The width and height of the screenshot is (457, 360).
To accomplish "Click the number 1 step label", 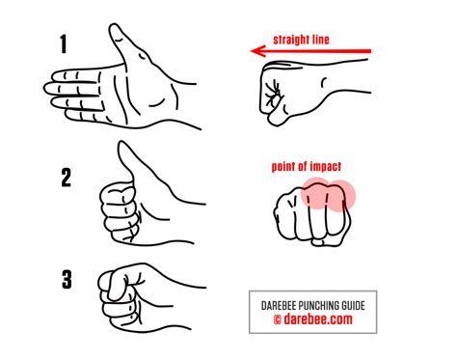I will tap(64, 44).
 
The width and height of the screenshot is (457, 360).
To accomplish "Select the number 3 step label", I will tap(67, 280).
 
